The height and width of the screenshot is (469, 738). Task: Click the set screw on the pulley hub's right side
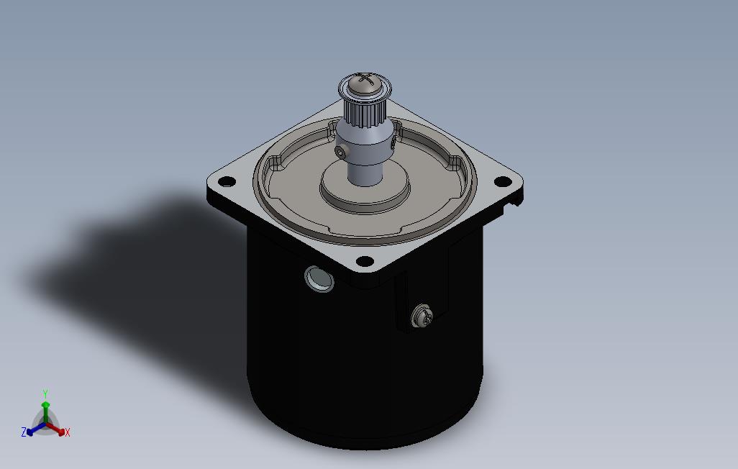click(392, 144)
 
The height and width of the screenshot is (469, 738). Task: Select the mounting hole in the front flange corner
click(365, 260)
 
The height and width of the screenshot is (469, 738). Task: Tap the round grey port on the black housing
click(319, 278)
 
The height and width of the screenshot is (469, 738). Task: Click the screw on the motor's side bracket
click(421, 316)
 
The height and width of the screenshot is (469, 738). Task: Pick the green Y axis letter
click(45, 393)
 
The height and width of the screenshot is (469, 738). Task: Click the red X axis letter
click(67, 432)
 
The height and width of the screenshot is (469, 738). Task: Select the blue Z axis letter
click(24, 432)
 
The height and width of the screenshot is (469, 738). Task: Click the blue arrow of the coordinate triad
click(33, 430)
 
